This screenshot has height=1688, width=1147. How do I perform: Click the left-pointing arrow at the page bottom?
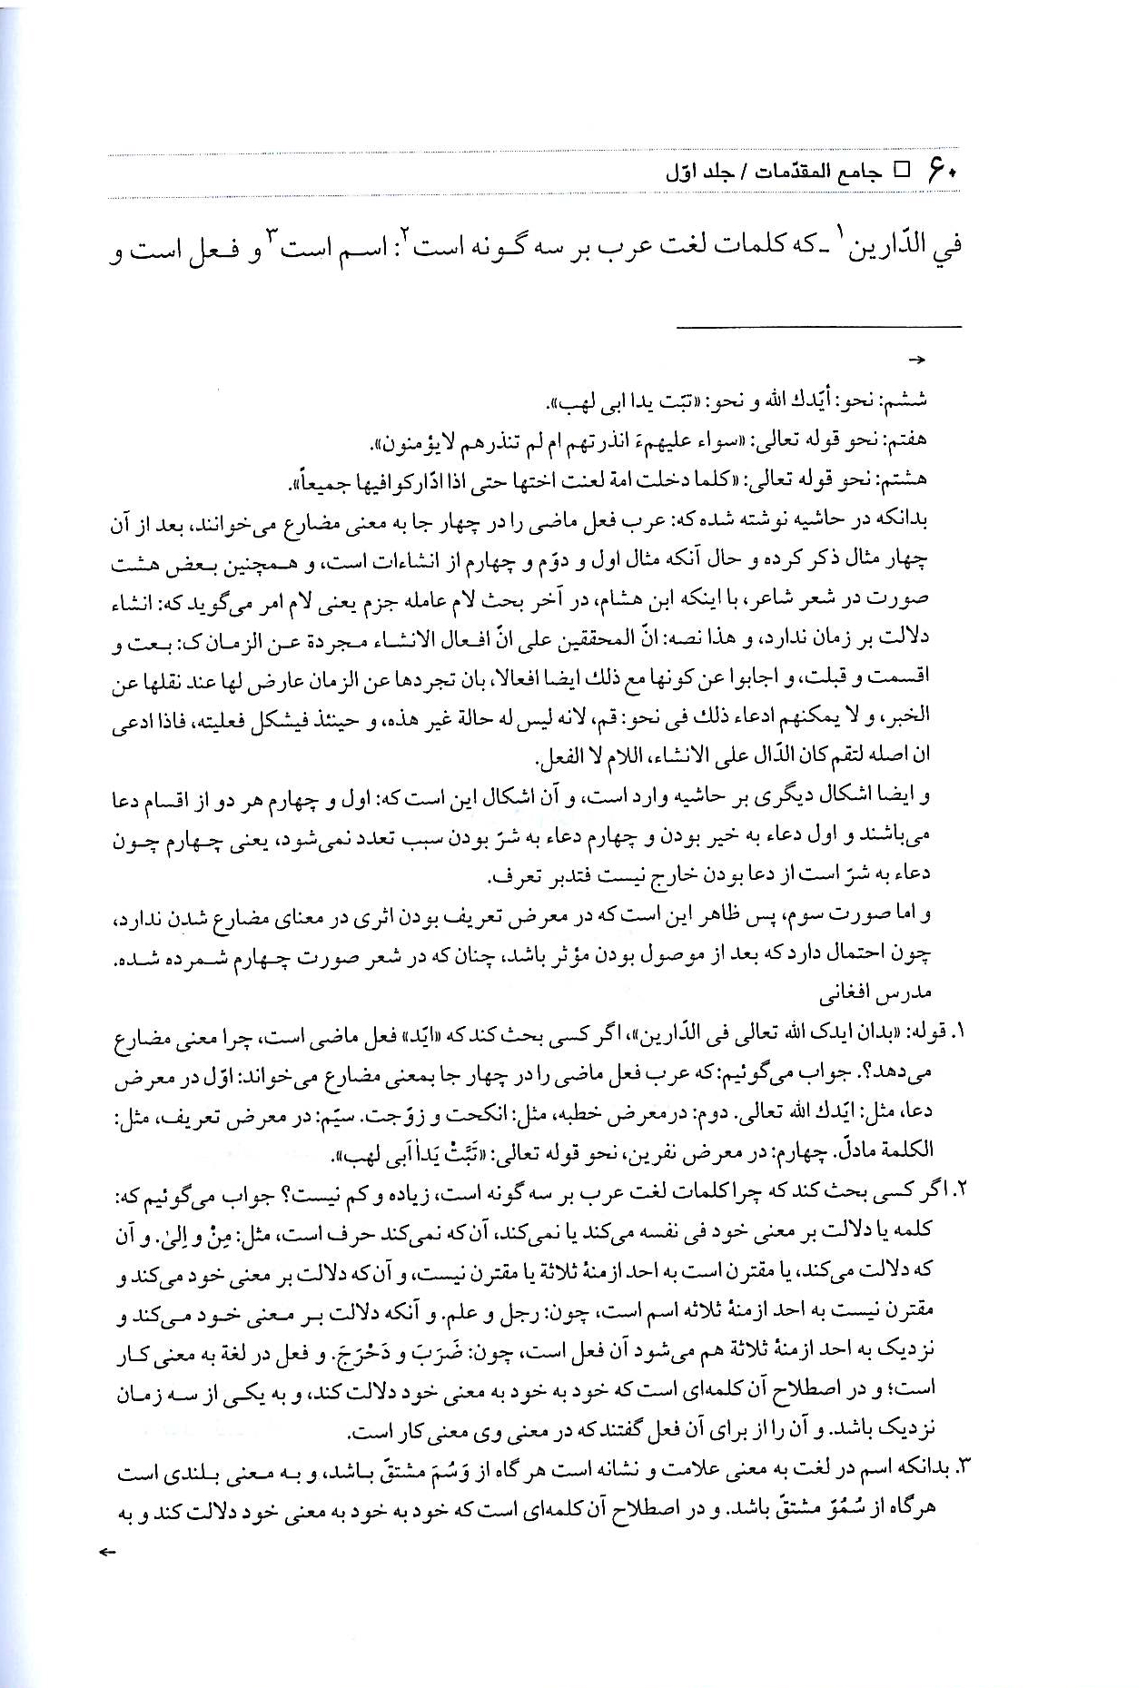pyautogui.click(x=107, y=1553)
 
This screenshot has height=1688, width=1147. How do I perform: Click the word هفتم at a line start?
pyautogui.click(x=911, y=440)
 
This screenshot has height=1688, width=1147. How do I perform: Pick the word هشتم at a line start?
pyautogui.click(x=911, y=479)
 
